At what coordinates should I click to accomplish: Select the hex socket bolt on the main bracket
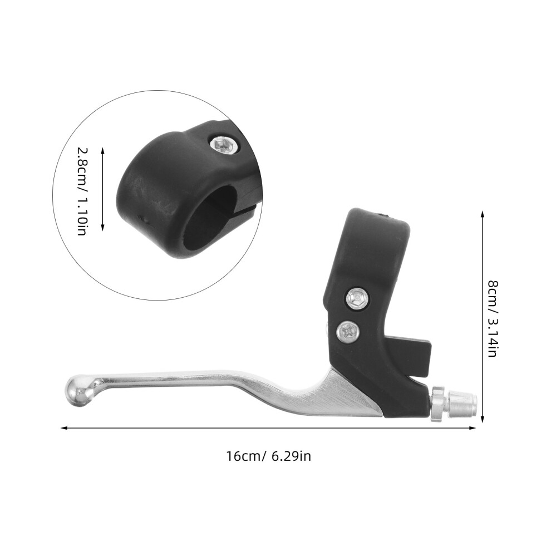tap(357, 298)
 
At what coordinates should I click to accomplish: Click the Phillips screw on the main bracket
tap(348, 331)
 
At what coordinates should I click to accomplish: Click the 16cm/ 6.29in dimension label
tap(269, 456)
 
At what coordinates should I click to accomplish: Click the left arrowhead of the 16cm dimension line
tap(63, 428)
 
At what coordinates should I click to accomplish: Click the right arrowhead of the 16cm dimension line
tap(473, 428)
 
